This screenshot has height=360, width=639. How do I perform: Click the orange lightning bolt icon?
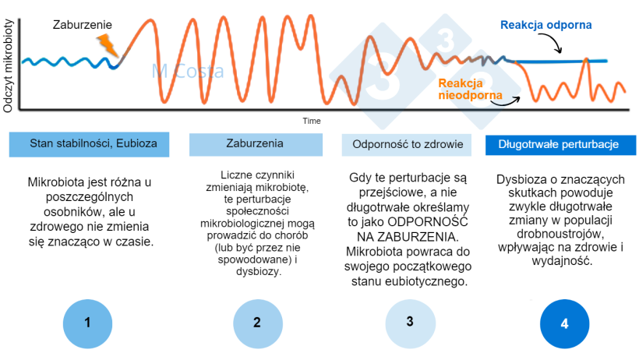coord(110,45)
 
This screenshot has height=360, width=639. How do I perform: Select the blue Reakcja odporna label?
coord(545,26)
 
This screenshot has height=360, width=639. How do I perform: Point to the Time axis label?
coord(312,121)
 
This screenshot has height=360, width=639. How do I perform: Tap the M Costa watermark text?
coord(187,73)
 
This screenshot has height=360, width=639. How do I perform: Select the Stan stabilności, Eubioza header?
coord(88,144)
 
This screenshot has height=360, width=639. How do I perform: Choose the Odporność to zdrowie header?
coord(408,144)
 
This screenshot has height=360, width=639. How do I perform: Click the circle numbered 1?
coord(87,322)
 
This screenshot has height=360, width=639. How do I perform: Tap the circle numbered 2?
coord(256,322)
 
